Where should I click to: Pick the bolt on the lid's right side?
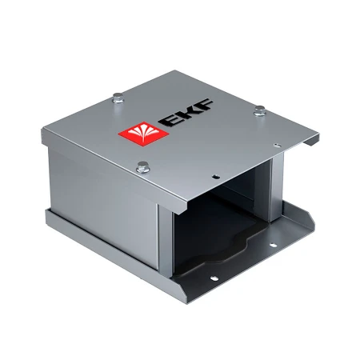[x=260, y=112]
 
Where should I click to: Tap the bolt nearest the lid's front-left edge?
[x=142, y=167]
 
